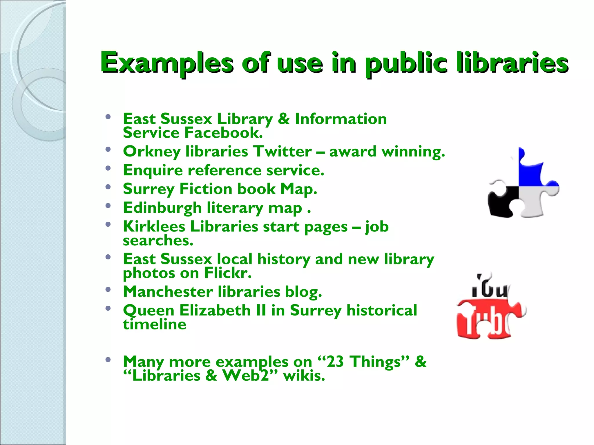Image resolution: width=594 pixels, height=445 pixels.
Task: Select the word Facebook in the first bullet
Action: (x=223, y=133)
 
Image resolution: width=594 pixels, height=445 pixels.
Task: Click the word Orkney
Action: (x=151, y=152)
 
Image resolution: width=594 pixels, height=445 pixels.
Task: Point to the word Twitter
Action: (x=282, y=151)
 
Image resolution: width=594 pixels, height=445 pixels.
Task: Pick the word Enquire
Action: (x=153, y=170)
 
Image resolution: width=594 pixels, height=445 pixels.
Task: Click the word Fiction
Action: (x=206, y=189)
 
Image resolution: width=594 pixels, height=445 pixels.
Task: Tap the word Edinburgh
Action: (x=162, y=208)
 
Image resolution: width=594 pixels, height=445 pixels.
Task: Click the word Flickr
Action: (x=228, y=273)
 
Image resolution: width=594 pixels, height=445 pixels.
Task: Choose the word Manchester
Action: (x=168, y=291)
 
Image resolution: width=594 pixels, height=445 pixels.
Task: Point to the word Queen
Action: (x=148, y=311)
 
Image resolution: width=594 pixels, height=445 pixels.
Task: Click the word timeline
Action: (x=154, y=324)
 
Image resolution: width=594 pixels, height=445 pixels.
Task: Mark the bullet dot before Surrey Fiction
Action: (x=108, y=187)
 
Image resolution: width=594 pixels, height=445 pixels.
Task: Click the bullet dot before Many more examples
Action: (x=108, y=360)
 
